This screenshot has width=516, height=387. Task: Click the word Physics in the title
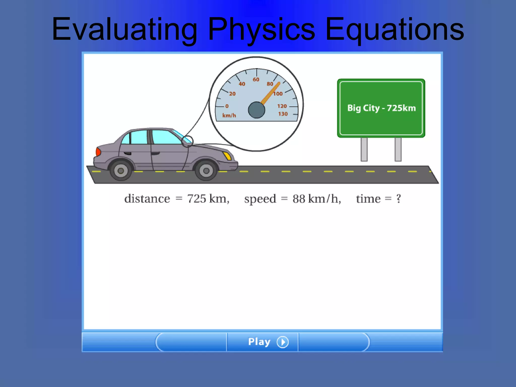click(x=261, y=29)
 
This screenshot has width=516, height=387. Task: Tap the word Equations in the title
click(x=394, y=29)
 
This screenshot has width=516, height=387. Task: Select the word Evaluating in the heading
click(x=124, y=29)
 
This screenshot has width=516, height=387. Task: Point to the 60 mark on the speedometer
click(x=256, y=80)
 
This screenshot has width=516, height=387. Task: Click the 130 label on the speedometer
click(x=283, y=114)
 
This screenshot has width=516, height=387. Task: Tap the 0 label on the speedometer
click(x=227, y=106)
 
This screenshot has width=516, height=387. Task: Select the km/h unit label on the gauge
click(x=229, y=115)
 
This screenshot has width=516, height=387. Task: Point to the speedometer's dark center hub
click(x=256, y=110)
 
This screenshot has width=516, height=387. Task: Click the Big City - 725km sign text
click(x=381, y=108)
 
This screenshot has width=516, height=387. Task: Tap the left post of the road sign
click(x=364, y=149)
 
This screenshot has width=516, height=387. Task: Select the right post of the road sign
click(x=398, y=149)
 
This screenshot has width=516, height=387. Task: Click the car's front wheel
click(x=206, y=171)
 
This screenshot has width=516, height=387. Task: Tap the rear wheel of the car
click(x=121, y=171)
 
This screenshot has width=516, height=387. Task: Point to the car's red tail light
click(x=98, y=152)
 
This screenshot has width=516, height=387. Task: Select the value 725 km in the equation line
click(x=208, y=199)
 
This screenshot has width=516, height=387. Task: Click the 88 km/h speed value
click(x=316, y=199)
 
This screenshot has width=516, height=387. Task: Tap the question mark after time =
click(x=398, y=199)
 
